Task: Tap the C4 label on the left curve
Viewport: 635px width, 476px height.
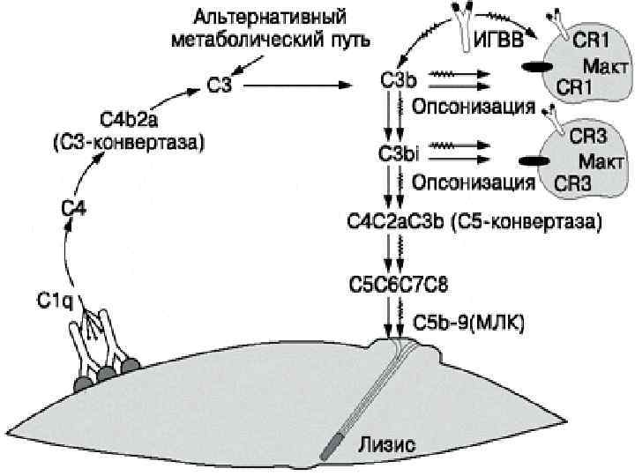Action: point(73,208)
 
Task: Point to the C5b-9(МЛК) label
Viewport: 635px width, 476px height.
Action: point(469,324)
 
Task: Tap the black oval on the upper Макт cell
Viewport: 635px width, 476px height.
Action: point(533,66)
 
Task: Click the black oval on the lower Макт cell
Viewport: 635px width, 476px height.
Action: point(532,162)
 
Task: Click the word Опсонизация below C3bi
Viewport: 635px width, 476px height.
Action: point(478,183)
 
